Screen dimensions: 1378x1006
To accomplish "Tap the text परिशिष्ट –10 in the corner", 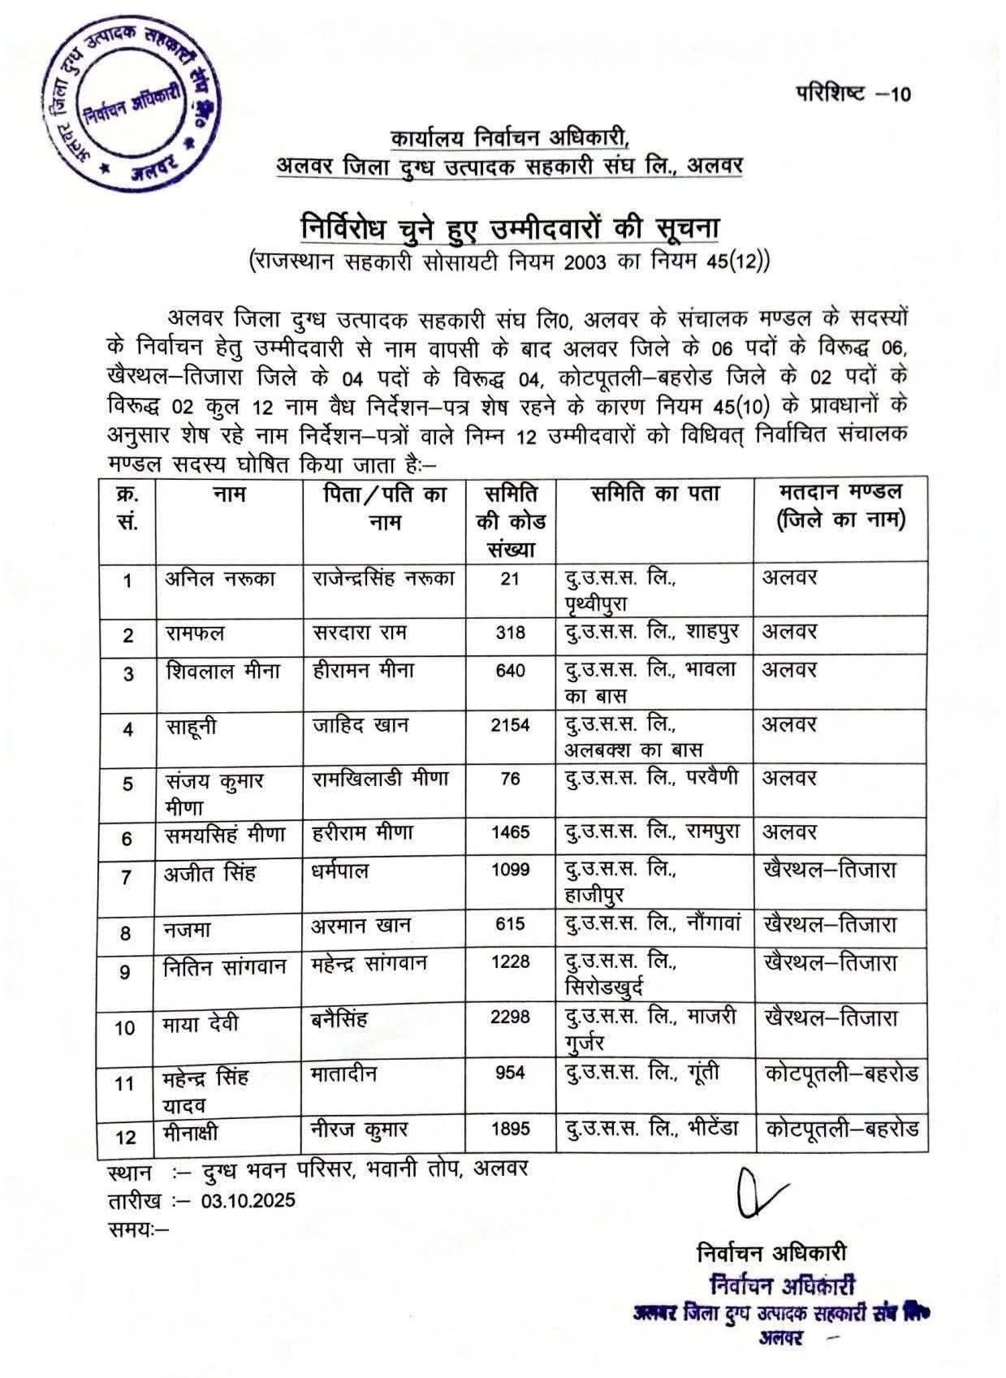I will (852, 93).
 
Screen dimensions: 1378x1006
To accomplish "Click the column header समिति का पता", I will (654, 495).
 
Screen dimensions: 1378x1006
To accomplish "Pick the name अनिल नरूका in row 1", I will (220, 578).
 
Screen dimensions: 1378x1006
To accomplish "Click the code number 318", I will (510, 633).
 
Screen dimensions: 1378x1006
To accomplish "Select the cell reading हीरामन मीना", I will (363, 671).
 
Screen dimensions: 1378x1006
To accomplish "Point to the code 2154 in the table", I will (510, 725).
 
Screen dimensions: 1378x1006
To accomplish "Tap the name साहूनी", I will (192, 727).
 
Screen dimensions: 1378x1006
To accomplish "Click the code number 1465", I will (510, 832).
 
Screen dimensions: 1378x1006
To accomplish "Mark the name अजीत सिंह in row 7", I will (210, 873).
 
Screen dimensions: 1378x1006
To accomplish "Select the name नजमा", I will (188, 929).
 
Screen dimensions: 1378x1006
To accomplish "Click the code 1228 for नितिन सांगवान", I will (510, 962).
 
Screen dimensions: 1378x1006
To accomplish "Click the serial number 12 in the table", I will (126, 1137).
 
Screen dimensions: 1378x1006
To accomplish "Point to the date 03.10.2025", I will (248, 1200).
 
